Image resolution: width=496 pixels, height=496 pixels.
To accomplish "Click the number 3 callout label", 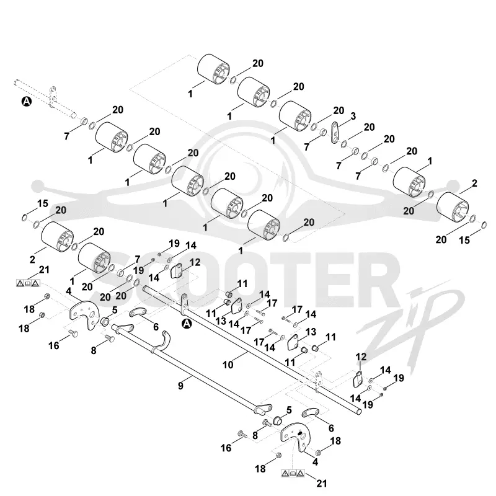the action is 353,116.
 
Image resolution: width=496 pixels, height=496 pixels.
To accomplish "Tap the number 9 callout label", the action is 180,386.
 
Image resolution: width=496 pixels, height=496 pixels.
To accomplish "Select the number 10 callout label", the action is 228,365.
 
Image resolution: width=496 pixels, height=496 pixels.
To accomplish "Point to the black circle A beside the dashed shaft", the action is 27,102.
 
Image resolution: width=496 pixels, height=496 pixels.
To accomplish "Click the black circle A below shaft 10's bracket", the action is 187,324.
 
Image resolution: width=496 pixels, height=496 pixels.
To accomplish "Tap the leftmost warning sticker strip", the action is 28,283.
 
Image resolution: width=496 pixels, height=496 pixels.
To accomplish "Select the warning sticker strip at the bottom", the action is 293,473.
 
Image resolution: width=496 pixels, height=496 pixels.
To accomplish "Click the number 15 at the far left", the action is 43,203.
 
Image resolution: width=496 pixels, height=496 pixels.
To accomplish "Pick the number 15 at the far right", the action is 464,240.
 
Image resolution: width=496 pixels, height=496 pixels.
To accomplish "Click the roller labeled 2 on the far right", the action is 453,208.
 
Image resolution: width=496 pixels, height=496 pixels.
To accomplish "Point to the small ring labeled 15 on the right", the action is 484,225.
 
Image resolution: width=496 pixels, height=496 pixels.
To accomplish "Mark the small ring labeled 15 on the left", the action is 25,218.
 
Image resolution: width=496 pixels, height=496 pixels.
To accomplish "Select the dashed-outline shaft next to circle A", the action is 46,99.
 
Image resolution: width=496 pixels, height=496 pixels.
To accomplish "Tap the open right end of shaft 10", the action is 359,412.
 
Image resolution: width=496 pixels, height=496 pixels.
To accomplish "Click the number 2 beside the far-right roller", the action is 474,183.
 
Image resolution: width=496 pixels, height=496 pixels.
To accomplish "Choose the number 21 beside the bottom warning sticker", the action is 321,484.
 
